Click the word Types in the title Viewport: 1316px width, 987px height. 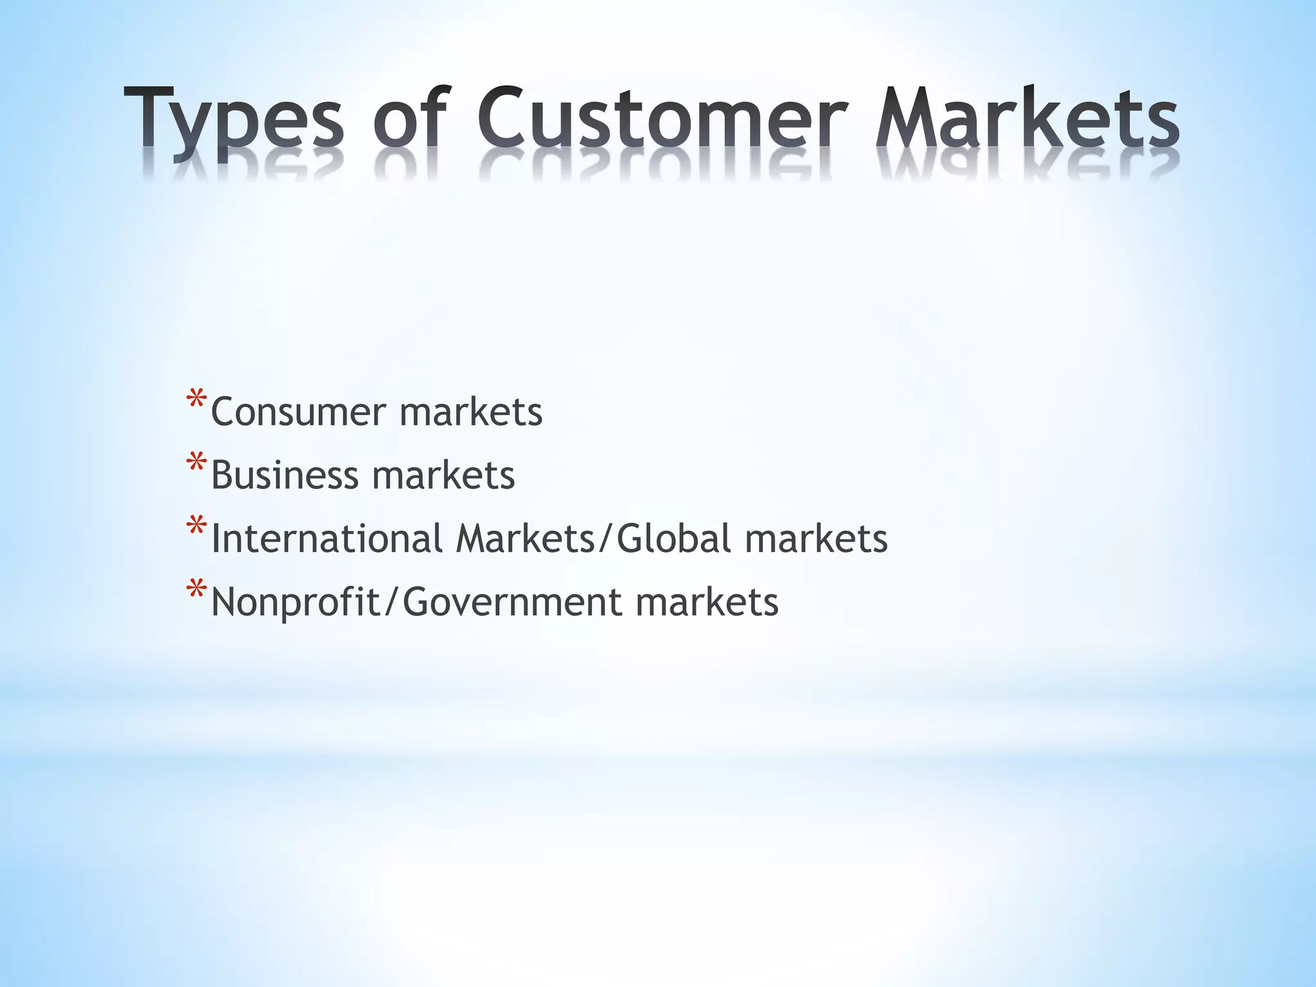click(234, 122)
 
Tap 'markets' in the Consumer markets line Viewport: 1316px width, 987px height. click(471, 412)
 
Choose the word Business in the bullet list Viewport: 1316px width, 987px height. click(284, 476)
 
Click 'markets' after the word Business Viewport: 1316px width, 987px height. click(443, 476)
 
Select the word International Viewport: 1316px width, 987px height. click(326, 538)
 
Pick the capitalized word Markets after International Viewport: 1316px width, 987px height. click(526, 538)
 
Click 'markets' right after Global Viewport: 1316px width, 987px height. click(816, 538)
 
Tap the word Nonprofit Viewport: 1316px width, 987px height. click(296, 603)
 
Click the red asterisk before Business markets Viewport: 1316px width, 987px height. click(196, 464)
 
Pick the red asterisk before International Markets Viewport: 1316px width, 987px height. click(196, 527)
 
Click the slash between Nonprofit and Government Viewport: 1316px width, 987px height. click(391, 603)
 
